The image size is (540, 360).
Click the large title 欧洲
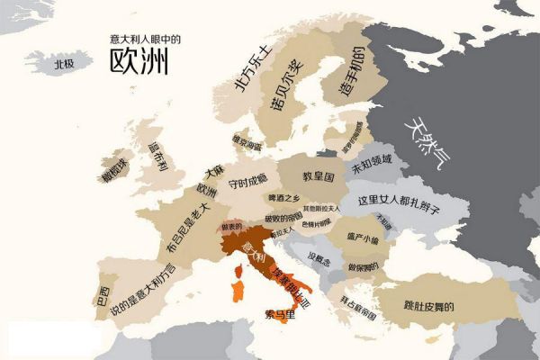(139, 62)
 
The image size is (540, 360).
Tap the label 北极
(63, 65)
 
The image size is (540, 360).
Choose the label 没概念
(319, 259)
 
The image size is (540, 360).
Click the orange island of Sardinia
(238, 292)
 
